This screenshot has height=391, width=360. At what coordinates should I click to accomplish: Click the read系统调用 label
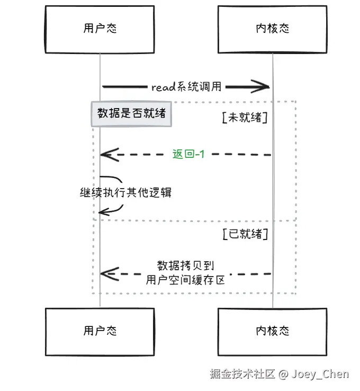[x=186, y=87]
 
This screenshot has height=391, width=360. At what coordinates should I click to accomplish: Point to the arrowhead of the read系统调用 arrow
[x=269, y=87]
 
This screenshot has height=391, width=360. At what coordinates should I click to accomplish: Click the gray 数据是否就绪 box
[x=131, y=114]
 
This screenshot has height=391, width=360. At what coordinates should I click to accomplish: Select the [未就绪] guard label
[x=245, y=117]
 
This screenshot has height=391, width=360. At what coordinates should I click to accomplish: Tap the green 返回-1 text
[x=188, y=154]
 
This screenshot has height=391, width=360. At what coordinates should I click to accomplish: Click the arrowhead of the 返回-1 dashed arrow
[x=101, y=155]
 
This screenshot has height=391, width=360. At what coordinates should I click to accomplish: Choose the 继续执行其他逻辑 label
[x=125, y=192]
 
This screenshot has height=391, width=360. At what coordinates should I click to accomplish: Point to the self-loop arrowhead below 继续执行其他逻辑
[x=100, y=212]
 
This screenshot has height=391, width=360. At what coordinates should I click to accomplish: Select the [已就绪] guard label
[x=245, y=234]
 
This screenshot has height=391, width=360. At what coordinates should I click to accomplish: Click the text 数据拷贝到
[x=186, y=266]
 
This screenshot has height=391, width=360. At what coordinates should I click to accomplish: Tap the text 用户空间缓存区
[x=185, y=280]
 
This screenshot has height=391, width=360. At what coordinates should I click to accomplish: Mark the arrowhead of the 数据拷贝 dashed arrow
[x=101, y=274]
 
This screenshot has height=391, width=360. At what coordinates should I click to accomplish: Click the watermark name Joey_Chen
[x=320, y=374]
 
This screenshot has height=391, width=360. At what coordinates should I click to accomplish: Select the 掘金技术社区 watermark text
[x=242, y=374]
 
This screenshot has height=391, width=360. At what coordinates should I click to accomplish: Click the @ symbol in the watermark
[x=283, y=375]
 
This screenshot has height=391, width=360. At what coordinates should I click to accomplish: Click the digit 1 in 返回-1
[x=202, y=154]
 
